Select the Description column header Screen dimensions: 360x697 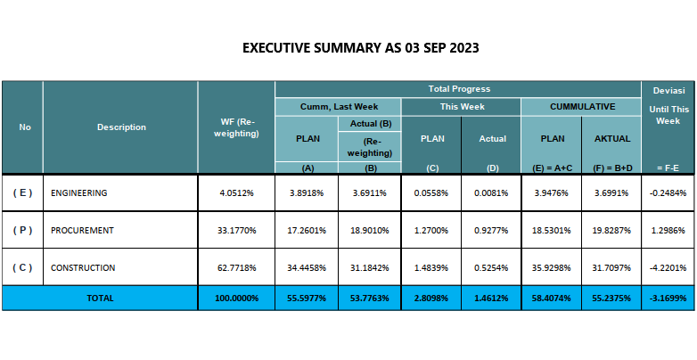pyautogui.click(x=121, y=127)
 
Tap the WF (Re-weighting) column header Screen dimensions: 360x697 pyautogui.click(x=236, y=127)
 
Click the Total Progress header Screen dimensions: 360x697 pyautogui.click(x=458, y=89)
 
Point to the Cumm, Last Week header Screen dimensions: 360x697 pyautogui.click(x=338, y=106)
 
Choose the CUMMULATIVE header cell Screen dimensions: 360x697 pyautogui.click(x=581, y=106)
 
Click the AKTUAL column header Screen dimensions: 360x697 pyautogui.click(x=611, y=138)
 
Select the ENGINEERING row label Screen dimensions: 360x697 pyautogui.click(x=79, y=192)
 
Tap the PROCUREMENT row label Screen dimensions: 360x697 pyautogui.click(x=82, y=230)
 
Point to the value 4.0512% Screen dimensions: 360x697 pyautogui.click(x=236, y=192)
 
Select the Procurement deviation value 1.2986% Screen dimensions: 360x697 pyautogui.click(x=667, y=230)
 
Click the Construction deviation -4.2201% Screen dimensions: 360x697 pyautogui.click(x=667, y=267)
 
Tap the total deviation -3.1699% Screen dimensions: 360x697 pyautogui.click(x=667, y=299)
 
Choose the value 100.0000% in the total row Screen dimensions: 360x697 pyautogui.click(x=236, y=299)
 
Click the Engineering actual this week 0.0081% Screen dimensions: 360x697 pyautogui.click(x=492, y=192)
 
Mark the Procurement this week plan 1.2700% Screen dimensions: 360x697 pyautogui.click(x=431, y=230)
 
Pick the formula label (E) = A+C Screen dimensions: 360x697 pyautogui.click(x=551, y=168)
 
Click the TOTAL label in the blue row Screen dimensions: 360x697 pyautogui.click(x=100, y=299)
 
